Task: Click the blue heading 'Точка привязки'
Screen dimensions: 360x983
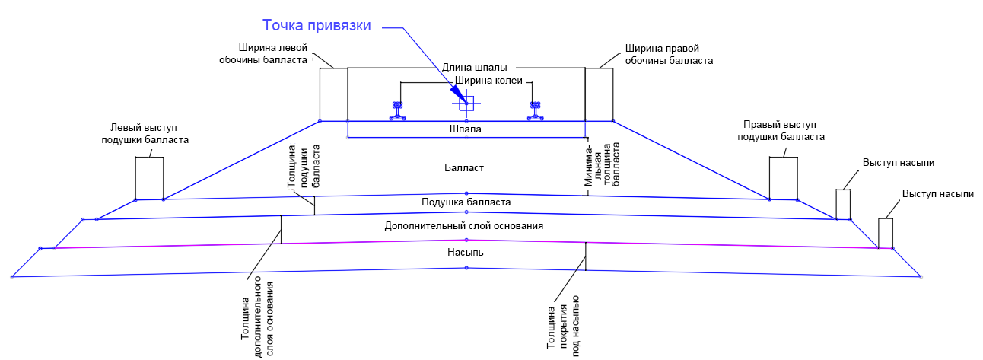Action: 317,26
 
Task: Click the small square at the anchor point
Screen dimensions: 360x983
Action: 466,104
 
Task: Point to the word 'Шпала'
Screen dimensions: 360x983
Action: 466,129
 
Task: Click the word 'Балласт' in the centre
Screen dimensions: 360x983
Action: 465,167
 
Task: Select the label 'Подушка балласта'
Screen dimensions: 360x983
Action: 466,202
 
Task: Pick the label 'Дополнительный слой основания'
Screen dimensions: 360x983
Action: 465,226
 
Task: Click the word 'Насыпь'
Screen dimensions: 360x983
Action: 465,251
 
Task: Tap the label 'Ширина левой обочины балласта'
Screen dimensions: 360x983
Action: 272,53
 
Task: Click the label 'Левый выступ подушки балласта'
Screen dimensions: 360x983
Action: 145,134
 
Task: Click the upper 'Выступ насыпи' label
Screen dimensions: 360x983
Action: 899,163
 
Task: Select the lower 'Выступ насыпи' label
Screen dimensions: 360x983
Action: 937,194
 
